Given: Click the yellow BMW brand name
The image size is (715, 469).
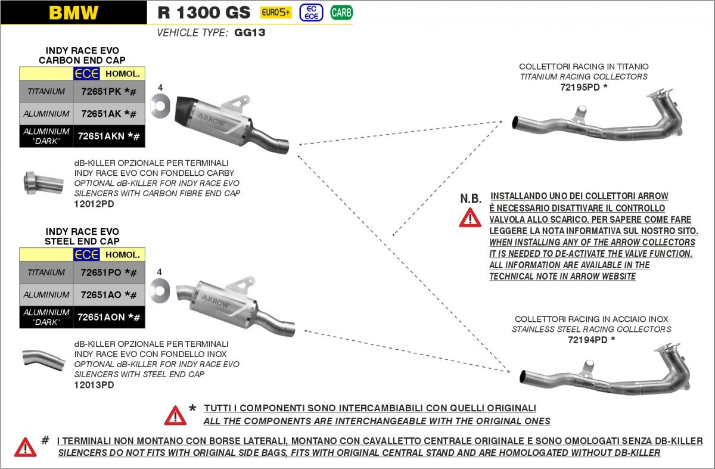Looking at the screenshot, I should point(73,13).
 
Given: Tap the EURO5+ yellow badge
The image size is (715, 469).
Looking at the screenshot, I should point(276,12).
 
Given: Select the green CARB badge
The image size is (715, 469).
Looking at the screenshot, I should point(341,12).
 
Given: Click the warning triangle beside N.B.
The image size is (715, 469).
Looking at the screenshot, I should point(470,218).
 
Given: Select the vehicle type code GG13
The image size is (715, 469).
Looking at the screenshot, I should point(250,33).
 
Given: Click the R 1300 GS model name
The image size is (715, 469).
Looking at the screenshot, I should point(204,13).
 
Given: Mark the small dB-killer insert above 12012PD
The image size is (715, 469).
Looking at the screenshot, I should point(43,182).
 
